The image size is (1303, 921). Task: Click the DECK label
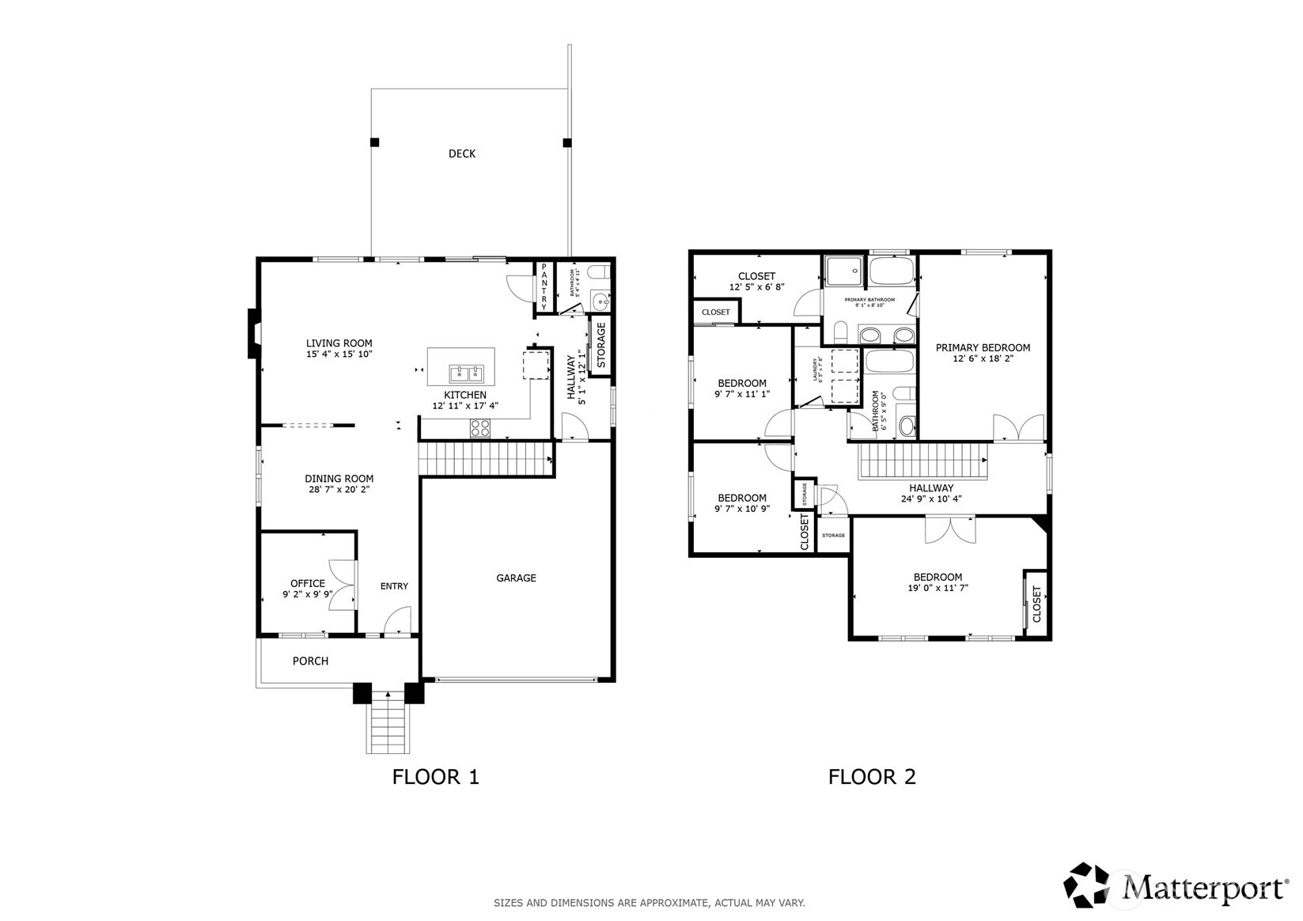pyautogui.click(x=462, y=153)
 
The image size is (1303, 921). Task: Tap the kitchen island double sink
pyautogui.click(x=467, y=373)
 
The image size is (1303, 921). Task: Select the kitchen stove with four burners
pyautogui.click(x=480, y=427)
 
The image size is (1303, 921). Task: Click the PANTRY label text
pyautogui.click(x=544, y=286)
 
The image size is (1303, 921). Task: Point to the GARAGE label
pyautogui.click(x=516, y=578)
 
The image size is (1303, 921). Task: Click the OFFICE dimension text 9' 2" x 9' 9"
pyautogui.click(x=308, y=594)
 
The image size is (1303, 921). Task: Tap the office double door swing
pyautogui.click(x=343, y=585)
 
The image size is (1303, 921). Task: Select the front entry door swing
pyautogui.click(x=399, y=620)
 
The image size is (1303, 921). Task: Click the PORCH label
pyautogui.click(x=310, y=661)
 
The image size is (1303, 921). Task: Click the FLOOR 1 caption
pyautogui.click(x=435, y=777)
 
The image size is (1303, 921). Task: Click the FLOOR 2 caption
pyautogui.click(x=871, y=777)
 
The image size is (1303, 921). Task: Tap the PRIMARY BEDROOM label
pyautogui.click(x=983, y=347)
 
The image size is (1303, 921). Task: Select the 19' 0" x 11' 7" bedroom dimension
pyautogui.click(x=937, y=588)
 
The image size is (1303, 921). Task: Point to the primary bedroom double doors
pyautogui.click(x=1019, y=428)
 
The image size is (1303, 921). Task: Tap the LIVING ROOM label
pyautogui.click(x=339, y=343)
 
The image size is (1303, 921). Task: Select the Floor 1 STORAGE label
pyautogui.click(x=600, y=345)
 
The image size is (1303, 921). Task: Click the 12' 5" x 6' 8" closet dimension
pyautogui.click(x=756, y=287)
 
